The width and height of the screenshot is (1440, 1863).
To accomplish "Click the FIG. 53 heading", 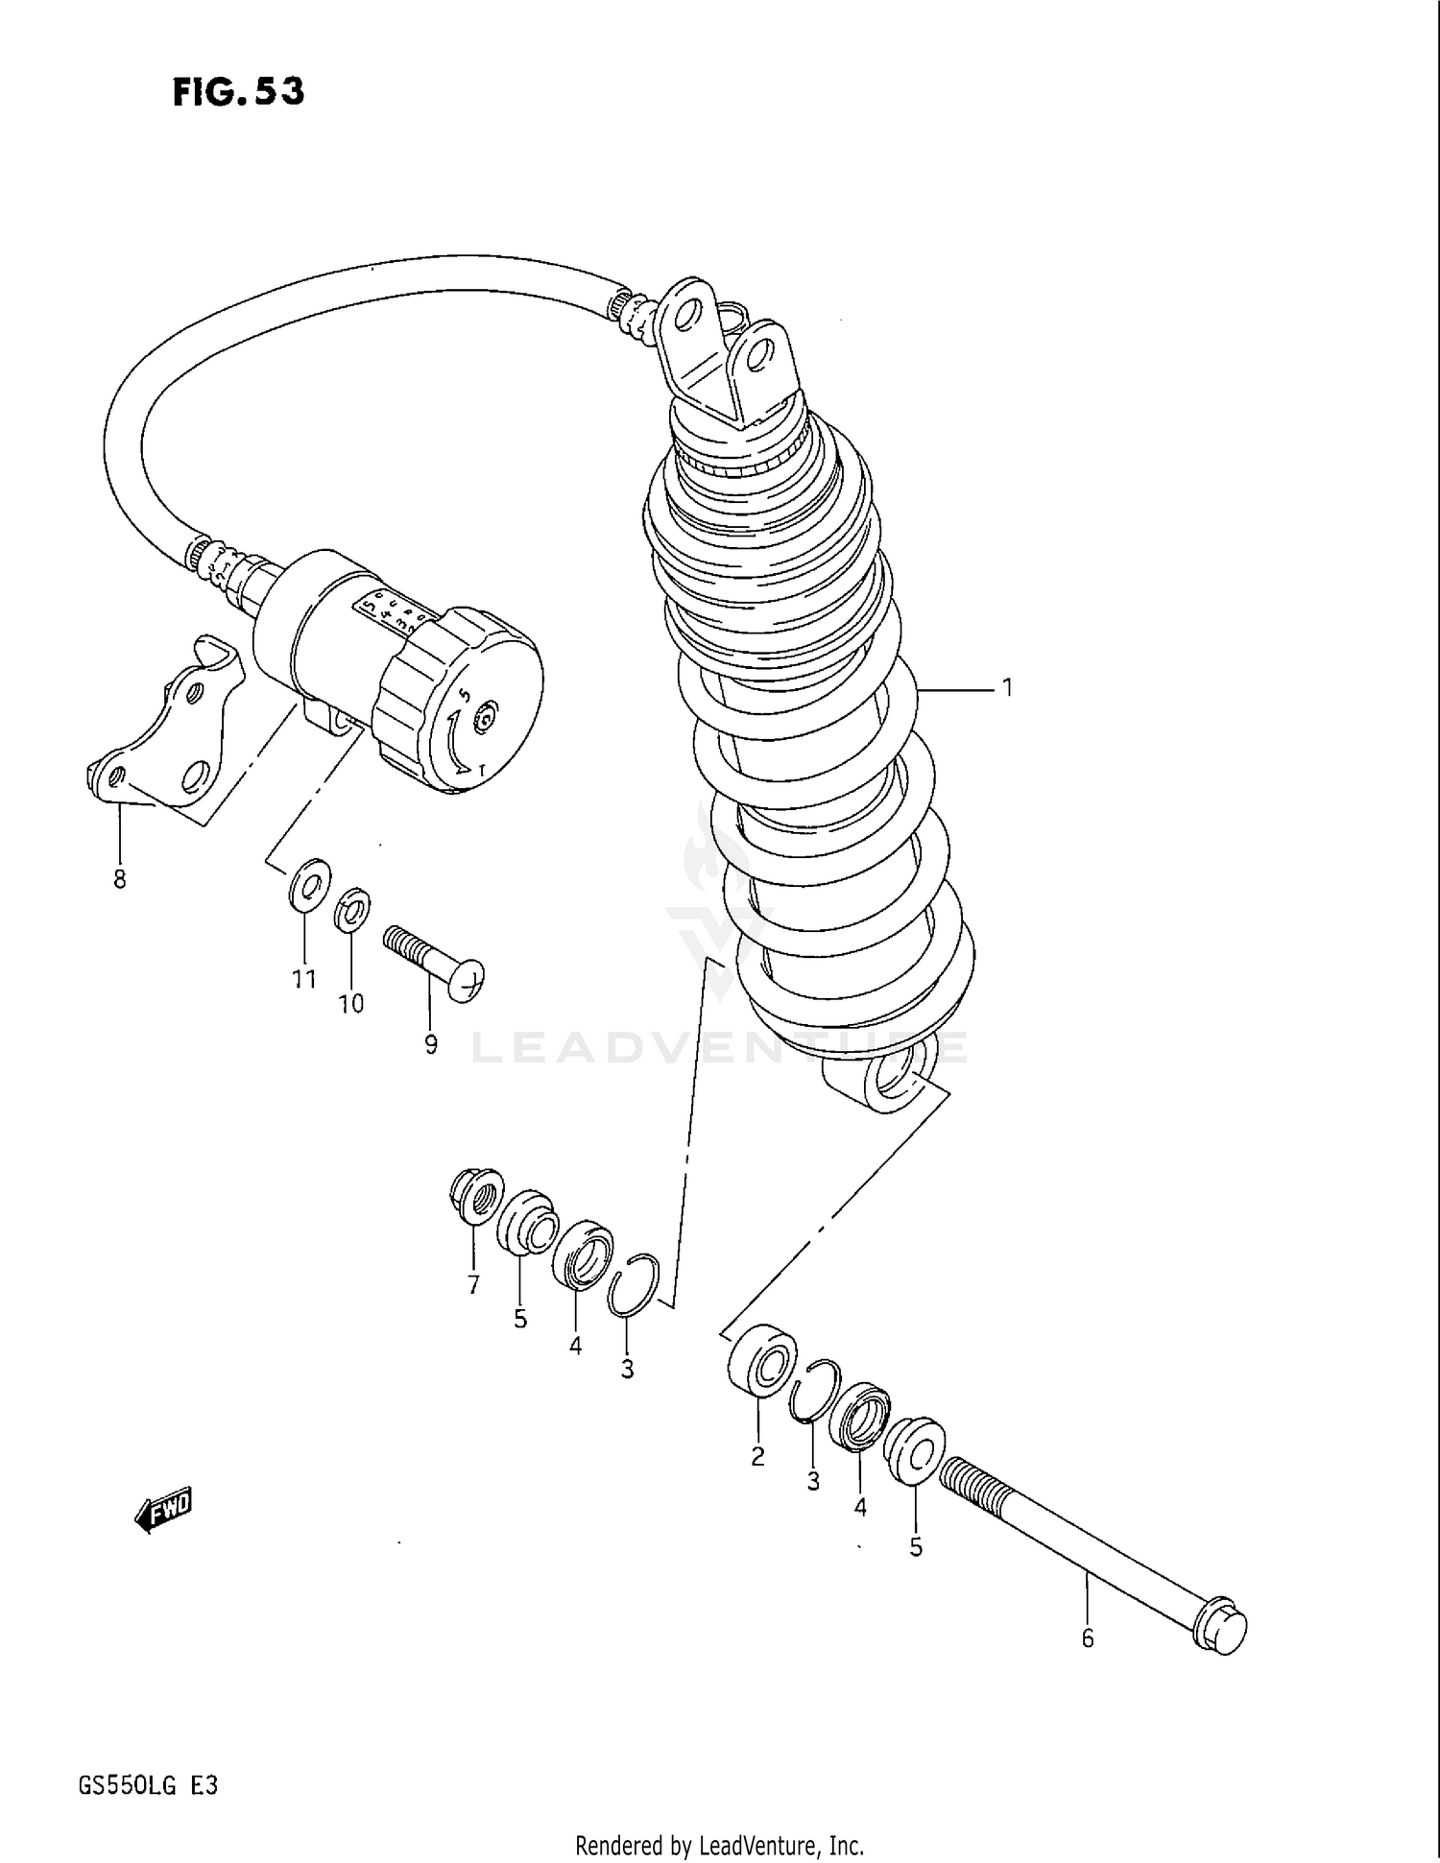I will click(x=238, y=92).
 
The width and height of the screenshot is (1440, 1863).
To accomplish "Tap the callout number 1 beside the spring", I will click(x=1007, y=688).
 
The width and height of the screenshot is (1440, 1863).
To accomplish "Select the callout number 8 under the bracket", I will click(x=119, y=879).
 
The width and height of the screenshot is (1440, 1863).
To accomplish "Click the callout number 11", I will click(x=304, y=979).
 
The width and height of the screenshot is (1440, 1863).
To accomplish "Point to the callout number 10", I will click(x=351, y=1004).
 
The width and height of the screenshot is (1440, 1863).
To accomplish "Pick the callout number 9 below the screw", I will click(x=431, y=1044).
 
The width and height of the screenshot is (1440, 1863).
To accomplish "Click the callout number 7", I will click(x=473, y=1286).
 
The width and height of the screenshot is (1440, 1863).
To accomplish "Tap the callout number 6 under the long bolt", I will click(x=1088, y=1638).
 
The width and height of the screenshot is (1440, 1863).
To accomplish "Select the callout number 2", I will click(x=757, y=1456).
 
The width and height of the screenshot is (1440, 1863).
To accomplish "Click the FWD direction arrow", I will click(x=164, y=1512).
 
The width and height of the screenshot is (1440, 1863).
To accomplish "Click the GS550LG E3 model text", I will click(x=148, y=1785).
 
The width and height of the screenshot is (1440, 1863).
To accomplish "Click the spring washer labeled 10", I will click(x=352, y=909).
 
